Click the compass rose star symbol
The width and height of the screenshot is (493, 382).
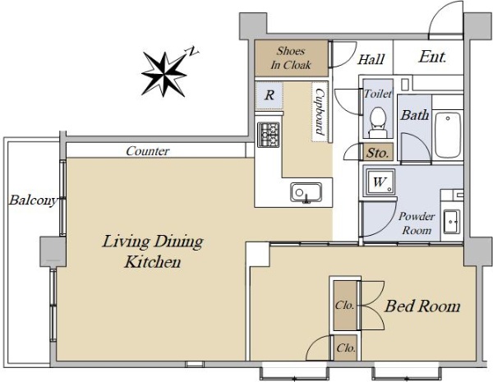click(164, 74)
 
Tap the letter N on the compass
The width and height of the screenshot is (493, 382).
click(193, 51)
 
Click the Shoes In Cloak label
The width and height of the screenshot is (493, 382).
click(291, 58)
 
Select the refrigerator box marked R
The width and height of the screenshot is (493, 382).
click(270, 95)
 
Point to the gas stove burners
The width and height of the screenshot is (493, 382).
click(269, 135)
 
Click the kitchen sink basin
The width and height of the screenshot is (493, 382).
click(306, 192)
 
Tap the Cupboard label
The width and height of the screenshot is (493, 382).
click(320, 112)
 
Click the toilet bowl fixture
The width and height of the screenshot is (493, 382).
click(378, 122)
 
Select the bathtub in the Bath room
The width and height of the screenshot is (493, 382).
click(448, 135)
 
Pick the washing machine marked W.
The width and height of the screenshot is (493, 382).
click(380, 182)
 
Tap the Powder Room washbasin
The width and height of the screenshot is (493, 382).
click(452, 222)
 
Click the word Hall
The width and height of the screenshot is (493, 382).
click(371, 59)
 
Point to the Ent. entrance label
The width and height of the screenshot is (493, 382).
click(433, 57)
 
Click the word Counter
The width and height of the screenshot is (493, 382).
click(147, 151)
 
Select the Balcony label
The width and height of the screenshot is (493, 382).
click(34, 200)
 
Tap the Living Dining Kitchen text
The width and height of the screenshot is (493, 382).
click(153, 251)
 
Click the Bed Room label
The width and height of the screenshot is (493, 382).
click(422, 306)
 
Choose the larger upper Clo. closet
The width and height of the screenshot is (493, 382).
click(345, 306)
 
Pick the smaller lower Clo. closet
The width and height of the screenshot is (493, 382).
click(346, 347)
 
